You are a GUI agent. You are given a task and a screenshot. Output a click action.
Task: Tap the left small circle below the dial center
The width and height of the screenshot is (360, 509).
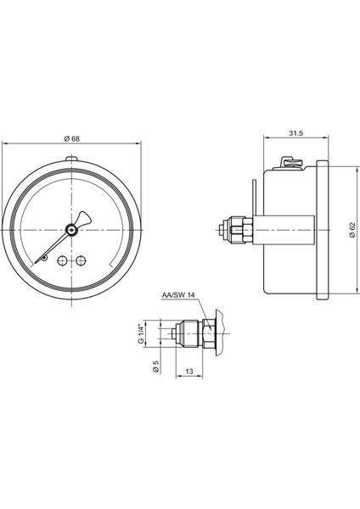point(62,260)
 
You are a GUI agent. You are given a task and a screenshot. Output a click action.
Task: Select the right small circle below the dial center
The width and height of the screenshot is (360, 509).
point(82,260)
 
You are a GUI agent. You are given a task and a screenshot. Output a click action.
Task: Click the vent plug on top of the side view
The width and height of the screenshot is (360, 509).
point(289,161)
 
